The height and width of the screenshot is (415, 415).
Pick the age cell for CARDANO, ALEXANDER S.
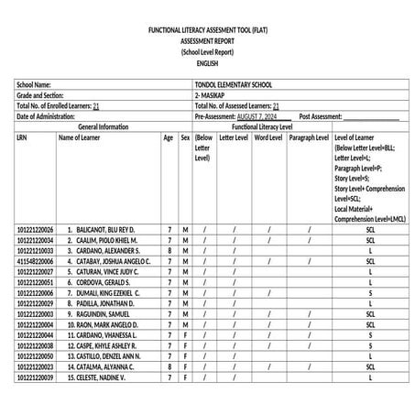[169, 250]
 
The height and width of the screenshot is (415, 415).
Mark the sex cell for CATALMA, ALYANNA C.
[184, 367]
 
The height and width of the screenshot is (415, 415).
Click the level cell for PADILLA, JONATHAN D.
[369, 303]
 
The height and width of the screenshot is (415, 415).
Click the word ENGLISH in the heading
[207, 63]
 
